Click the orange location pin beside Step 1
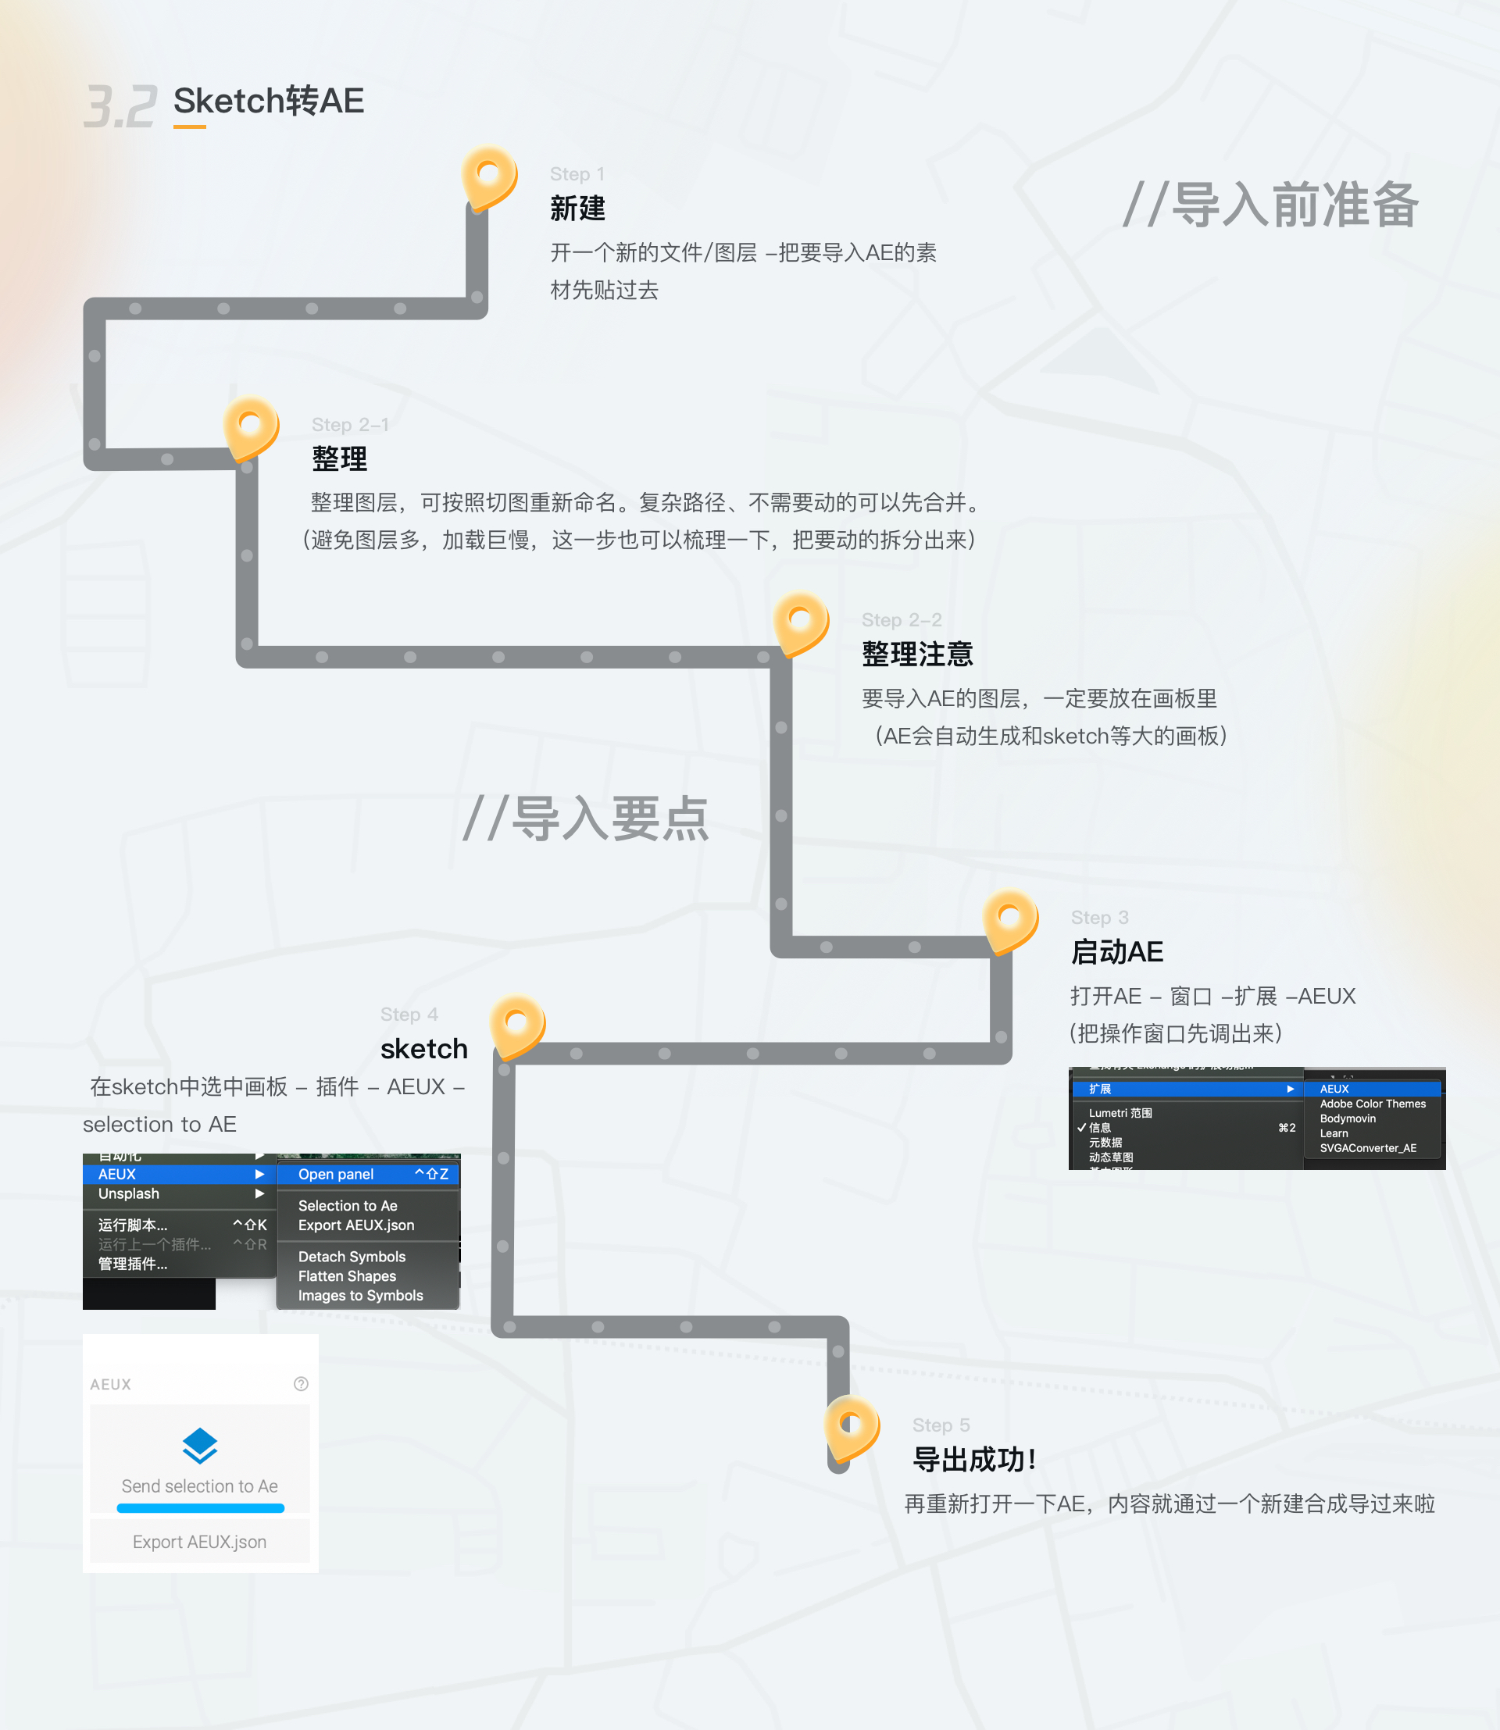489,177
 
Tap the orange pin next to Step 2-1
250,427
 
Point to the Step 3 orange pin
1010,920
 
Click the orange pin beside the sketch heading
517,1025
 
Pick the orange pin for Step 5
852,1425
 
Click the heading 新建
577,208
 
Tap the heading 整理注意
916,654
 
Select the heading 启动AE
1116,951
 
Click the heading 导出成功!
973,1460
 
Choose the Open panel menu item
336,1174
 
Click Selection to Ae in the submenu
348,1205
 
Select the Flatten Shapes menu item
347,1275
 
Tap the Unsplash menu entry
129,1193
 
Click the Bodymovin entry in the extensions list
1347,1118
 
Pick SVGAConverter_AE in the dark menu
1368,1148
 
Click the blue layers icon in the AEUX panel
200,1446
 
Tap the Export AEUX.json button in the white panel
199,1542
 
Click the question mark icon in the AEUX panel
302,1383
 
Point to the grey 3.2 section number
120,106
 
